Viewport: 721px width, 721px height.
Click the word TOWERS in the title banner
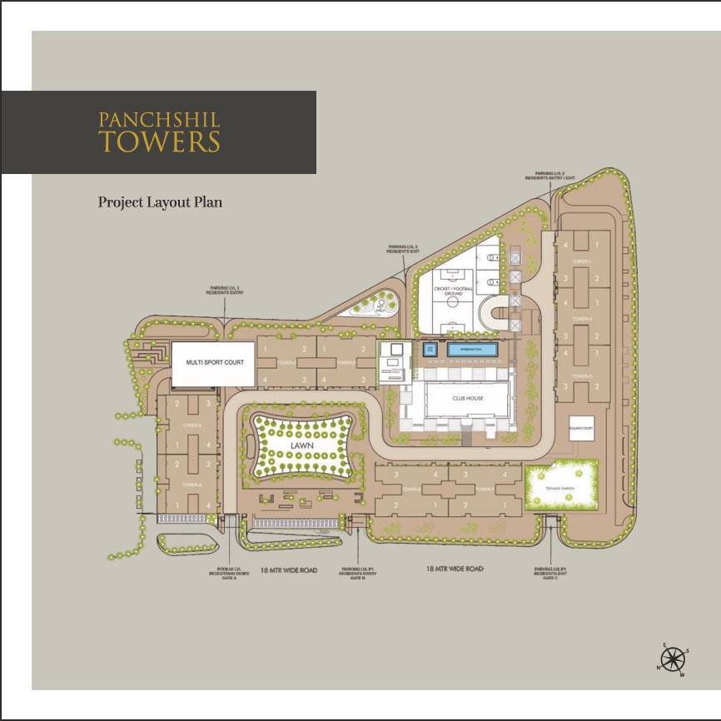(x=160, y=141)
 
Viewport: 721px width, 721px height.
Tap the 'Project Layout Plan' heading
(x=160, y=202)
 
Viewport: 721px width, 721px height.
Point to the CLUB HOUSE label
(x=468, y=399)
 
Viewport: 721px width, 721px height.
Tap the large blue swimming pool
(x=473, y=349)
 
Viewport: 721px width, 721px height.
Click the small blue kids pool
(x=430, y=349)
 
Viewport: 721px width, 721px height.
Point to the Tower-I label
(x=581, y=262)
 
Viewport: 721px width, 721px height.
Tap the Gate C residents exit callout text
(x=551, y=574)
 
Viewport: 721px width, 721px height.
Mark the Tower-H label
(x=581, y=319)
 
